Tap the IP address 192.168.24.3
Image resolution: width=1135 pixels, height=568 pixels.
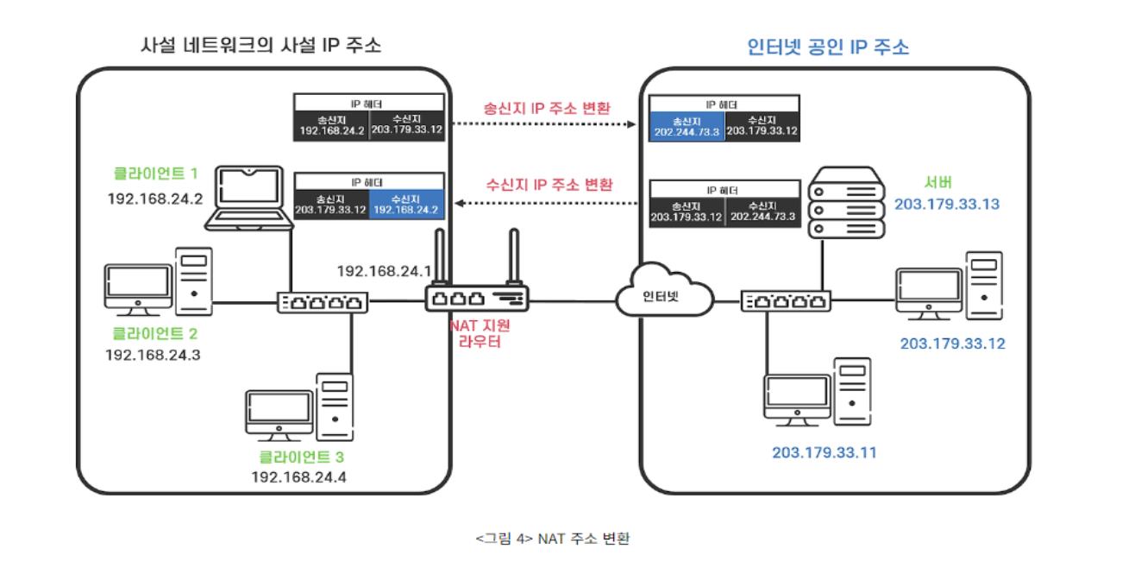(x=153, y=355)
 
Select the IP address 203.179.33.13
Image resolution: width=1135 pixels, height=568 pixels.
(x=946, y=205)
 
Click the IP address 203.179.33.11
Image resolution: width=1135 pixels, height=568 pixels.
(x=824, y=452)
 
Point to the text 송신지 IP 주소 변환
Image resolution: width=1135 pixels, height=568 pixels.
(x=543, y=109)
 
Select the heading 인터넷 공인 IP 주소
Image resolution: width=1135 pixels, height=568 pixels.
(x=828, y=47)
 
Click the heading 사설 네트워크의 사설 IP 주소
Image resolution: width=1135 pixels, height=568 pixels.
(x=260, y=46)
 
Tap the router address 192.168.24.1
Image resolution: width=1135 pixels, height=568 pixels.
(x=384, y=272)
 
